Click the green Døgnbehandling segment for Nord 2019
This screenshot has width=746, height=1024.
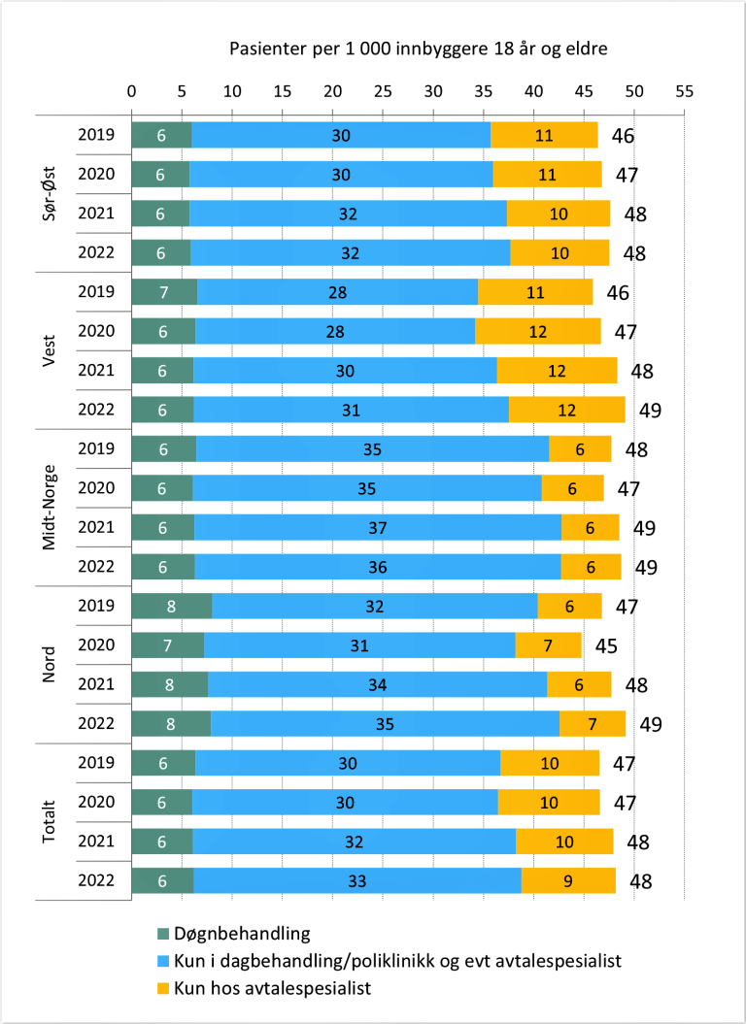tap(171, 606)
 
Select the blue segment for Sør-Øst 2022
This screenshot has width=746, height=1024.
tap(351, 252)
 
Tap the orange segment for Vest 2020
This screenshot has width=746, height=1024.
tap(537, 332)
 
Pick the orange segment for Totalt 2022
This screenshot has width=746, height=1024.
tap(568, 880)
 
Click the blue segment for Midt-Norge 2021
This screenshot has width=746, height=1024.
tap(378, 527)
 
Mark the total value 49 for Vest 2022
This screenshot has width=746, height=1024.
tap(650, 411)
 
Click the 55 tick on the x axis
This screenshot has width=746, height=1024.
tap(684, 91)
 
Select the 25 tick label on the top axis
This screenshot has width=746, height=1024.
tap(383, 91)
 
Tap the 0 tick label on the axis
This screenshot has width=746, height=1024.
tap(131, 91)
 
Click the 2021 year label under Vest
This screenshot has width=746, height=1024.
tap(96, 371)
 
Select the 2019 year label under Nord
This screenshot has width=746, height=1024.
tap(96, 606)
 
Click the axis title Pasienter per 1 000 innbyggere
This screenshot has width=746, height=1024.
tap(418, 49)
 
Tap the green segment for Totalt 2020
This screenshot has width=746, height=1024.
tap(161, 802)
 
